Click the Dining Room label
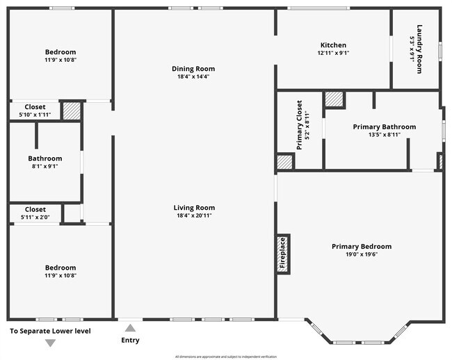(193, 69)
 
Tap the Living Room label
(193, 208)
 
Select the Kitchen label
(333, 45)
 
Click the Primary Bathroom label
(384, 126)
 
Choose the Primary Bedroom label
(361, 246)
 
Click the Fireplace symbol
(283, 253)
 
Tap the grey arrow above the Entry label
(129, 328)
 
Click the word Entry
(130, 340)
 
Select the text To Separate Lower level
(49, 331)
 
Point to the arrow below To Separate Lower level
(49, 343)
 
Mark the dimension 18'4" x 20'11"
(193, 215)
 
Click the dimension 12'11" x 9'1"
(333, 53)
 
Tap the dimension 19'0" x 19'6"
(361, 254)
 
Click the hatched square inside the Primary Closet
(284, 162)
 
